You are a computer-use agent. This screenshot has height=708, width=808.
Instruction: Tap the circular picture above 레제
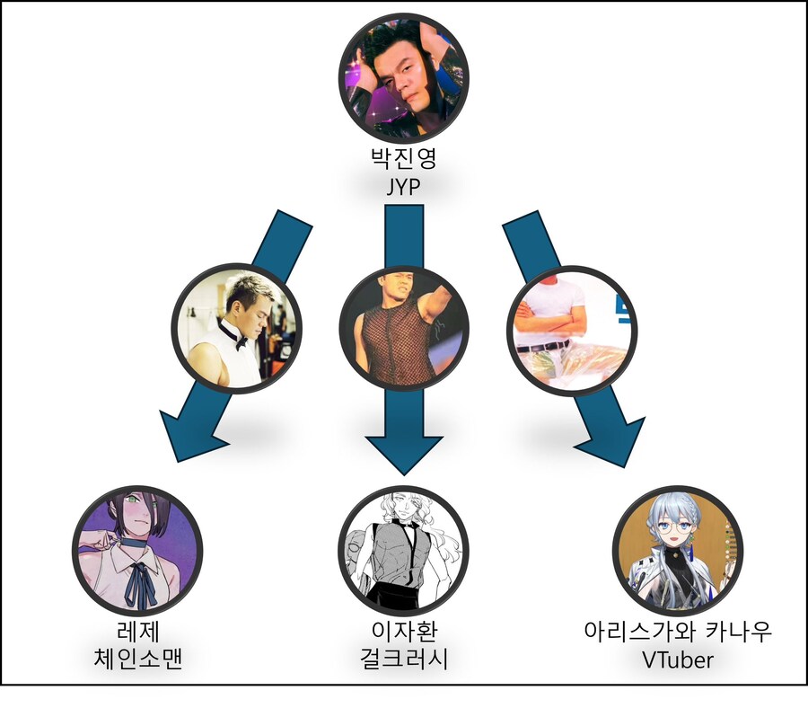137,550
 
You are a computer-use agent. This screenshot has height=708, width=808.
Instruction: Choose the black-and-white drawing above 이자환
403,550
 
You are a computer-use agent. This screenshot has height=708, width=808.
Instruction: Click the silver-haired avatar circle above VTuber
678,550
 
